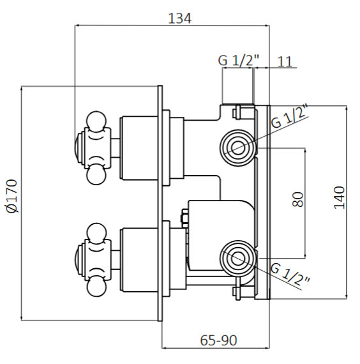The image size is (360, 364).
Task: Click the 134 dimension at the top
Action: (x=179, y=19)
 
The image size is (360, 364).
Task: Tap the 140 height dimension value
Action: (x=339, y=197)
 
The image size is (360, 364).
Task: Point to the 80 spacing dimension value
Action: (x=297, y=200)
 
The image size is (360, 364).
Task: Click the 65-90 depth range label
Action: (x=219, y=340)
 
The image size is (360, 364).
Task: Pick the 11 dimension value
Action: (x=285, y=61)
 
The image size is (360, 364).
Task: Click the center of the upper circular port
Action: (x=237, y=148)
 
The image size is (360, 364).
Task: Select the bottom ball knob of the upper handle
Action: (x=96, y=173)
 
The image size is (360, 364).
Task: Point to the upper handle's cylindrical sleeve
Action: (x=141, y=146)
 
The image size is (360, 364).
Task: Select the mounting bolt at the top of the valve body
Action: (x=237, y=112)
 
